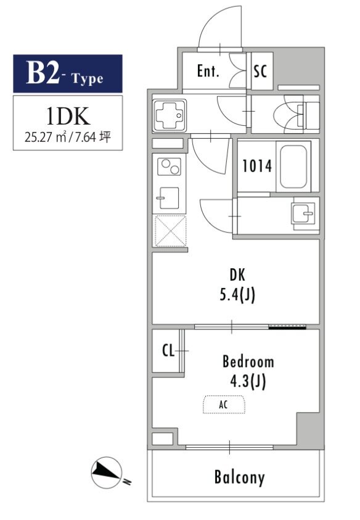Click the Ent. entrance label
coord(208,71)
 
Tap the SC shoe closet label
coord(260,71)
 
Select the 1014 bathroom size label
coord(257,166)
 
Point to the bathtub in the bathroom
coord(293,167)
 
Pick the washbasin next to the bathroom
coord(303,213)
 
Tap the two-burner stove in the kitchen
coord(169,167)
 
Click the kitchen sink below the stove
coord(168,197)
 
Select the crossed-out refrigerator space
coord(170,231)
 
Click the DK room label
coord(237,274)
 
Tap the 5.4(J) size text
coord(237,294)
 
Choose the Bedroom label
coord(248,361)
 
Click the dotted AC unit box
coord(224,404)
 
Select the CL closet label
coord(168,350)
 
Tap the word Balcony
coord(239,477)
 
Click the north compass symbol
coord(107,473)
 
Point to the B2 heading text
coord(43,73)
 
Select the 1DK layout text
coord(68,116)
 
